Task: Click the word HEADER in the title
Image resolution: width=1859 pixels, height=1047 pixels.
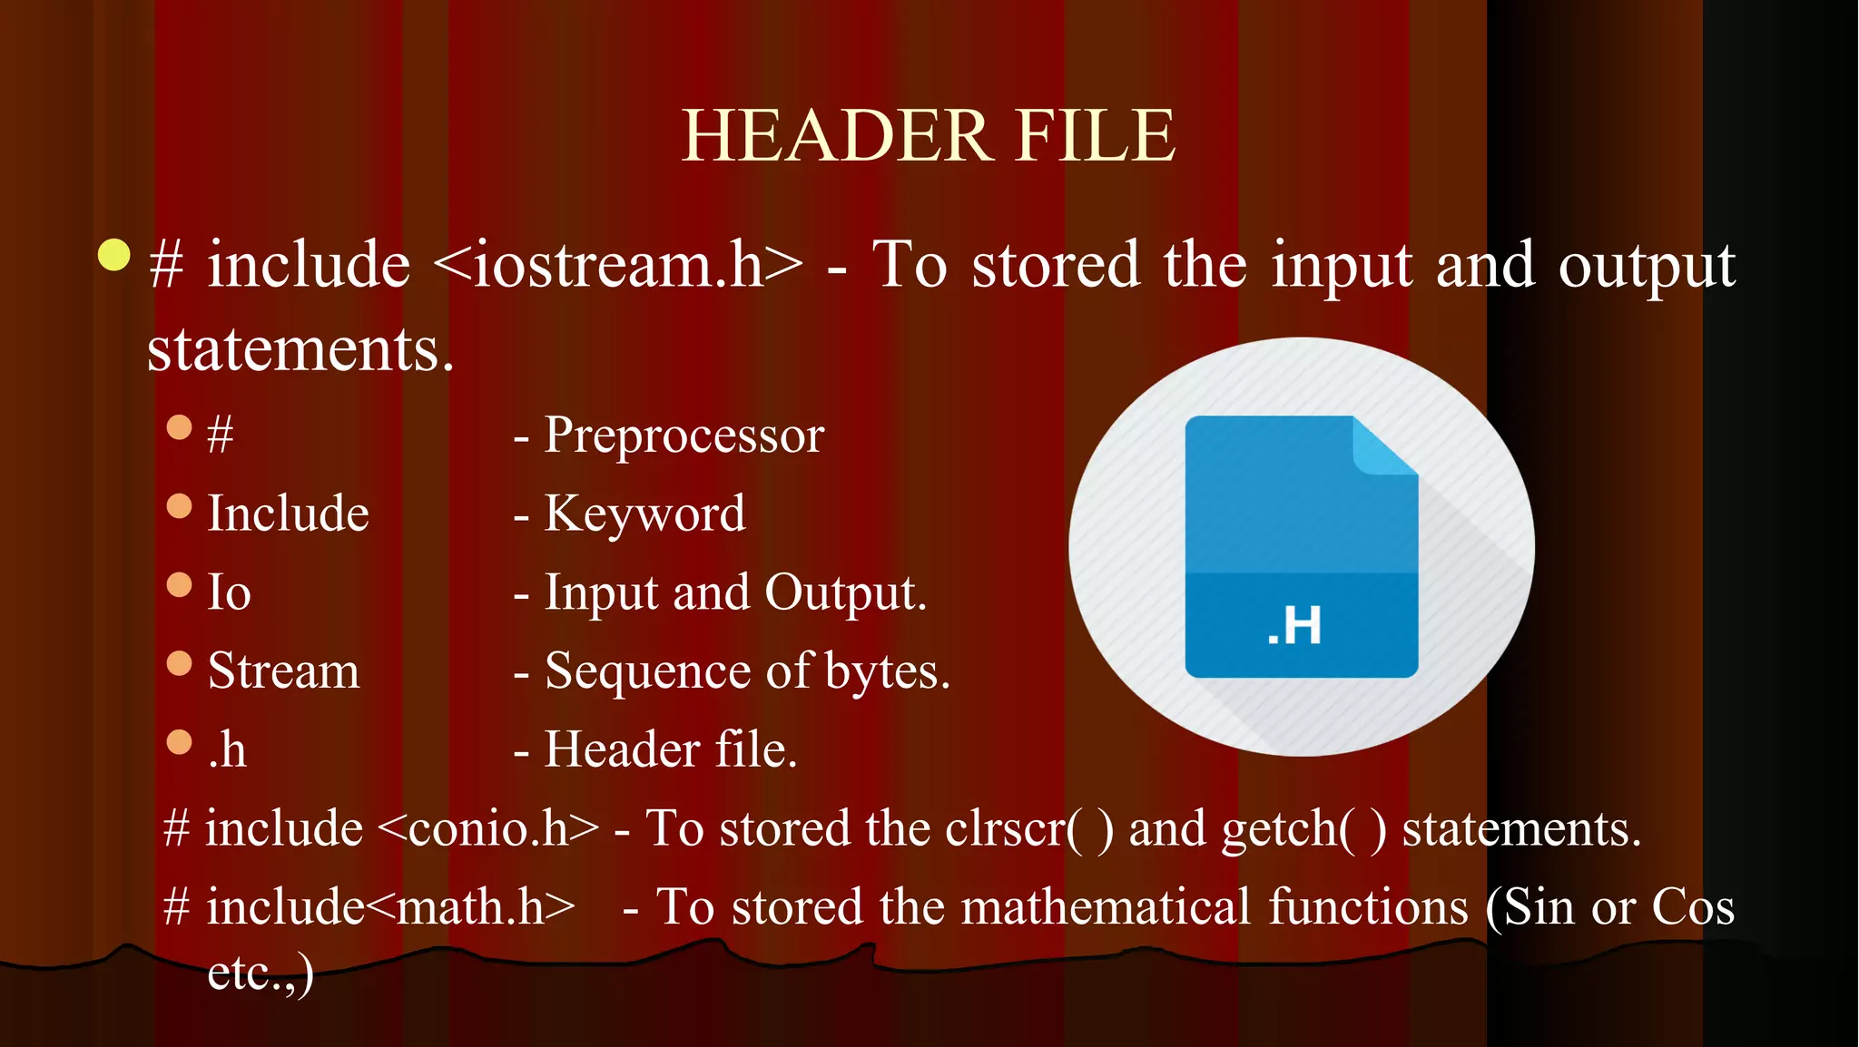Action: pos(835,136)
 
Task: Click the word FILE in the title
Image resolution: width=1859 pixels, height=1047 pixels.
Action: pos(1096,136)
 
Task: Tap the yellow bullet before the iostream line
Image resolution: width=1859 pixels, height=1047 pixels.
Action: pos(114,255)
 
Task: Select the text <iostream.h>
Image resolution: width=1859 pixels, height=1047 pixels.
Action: pos(618,266)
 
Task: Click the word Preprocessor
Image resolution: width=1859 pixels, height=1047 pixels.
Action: pos(684,435)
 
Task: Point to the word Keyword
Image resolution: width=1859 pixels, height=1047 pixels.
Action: pos(644,514)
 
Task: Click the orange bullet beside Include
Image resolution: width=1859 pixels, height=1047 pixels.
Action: pos(180,506)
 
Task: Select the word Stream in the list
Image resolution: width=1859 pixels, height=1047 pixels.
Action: pos(283,671)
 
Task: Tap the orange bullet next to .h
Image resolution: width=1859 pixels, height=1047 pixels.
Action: pos(180,742)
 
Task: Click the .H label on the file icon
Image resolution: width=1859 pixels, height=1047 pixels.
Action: pos(1294,626)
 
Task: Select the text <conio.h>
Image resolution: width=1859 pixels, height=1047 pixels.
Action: pos(487,829)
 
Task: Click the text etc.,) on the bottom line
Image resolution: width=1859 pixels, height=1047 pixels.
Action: pos(261,973)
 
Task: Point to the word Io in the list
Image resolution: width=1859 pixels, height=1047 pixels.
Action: pos(229,592)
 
